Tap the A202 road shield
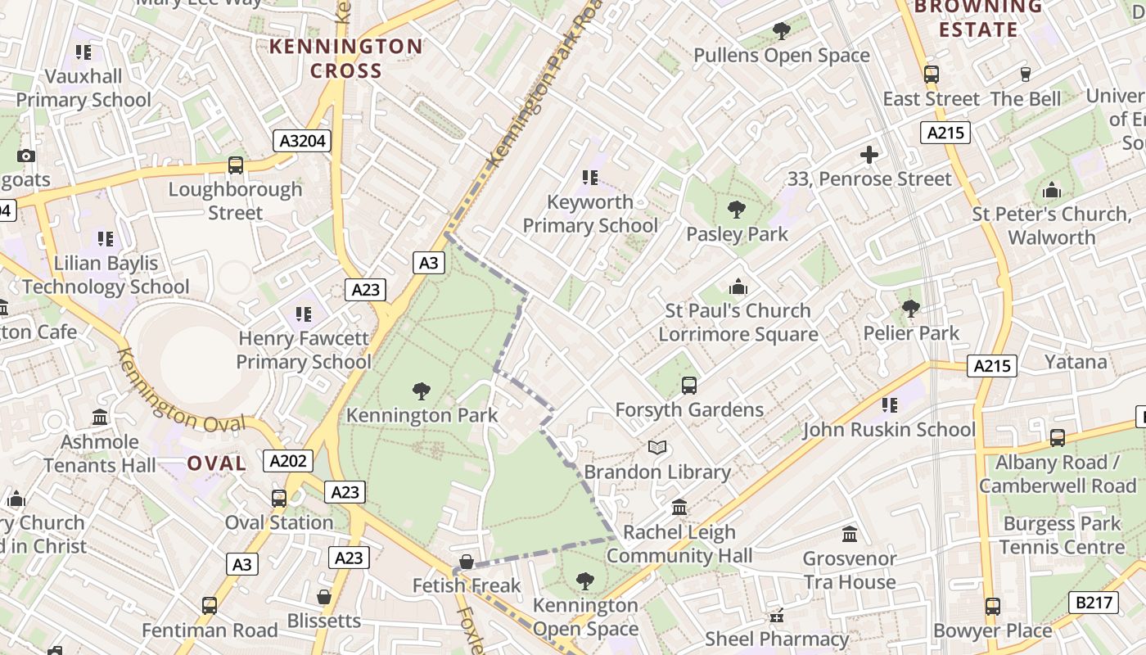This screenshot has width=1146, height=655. (289, 461)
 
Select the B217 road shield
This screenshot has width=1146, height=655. (1094, 603)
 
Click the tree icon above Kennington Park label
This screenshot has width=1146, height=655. (422, 391)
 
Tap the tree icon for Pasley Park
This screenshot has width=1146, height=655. (737, 210)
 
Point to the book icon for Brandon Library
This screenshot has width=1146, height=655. (657, 448)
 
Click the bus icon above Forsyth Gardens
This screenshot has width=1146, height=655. (689, 385)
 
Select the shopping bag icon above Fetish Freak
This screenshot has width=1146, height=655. (466, 562)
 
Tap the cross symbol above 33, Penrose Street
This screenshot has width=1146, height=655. (869, 154)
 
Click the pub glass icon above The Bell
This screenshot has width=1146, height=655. (1025, 75)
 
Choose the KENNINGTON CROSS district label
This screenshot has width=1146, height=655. (346, 58)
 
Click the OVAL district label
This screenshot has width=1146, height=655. (217, 463)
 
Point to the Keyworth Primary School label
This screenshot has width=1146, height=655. (590, 214)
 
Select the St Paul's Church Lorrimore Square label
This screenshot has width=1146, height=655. (738, 323)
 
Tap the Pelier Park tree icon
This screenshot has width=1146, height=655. (910, 309)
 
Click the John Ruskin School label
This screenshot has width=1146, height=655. (889, 430)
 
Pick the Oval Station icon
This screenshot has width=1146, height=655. (279, 498)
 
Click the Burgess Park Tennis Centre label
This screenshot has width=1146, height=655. (1062, 535)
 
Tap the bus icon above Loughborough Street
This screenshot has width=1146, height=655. (236, 165)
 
